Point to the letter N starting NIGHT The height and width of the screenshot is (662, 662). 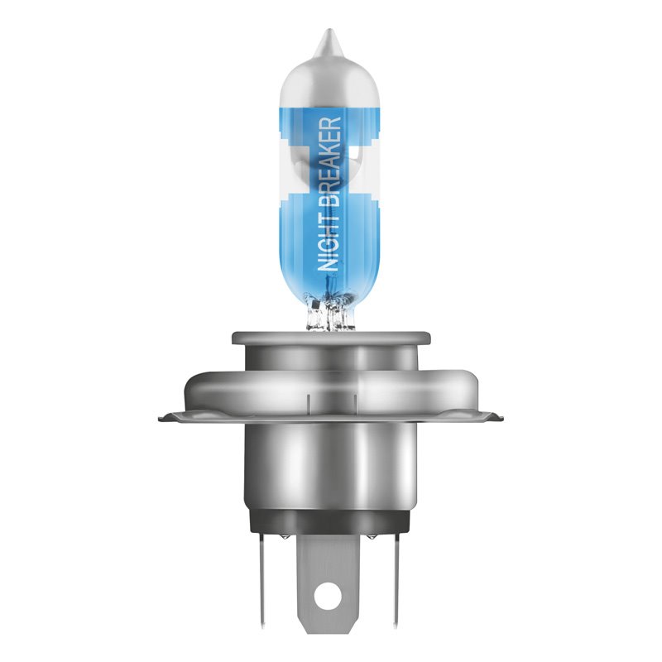click(329, 263)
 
